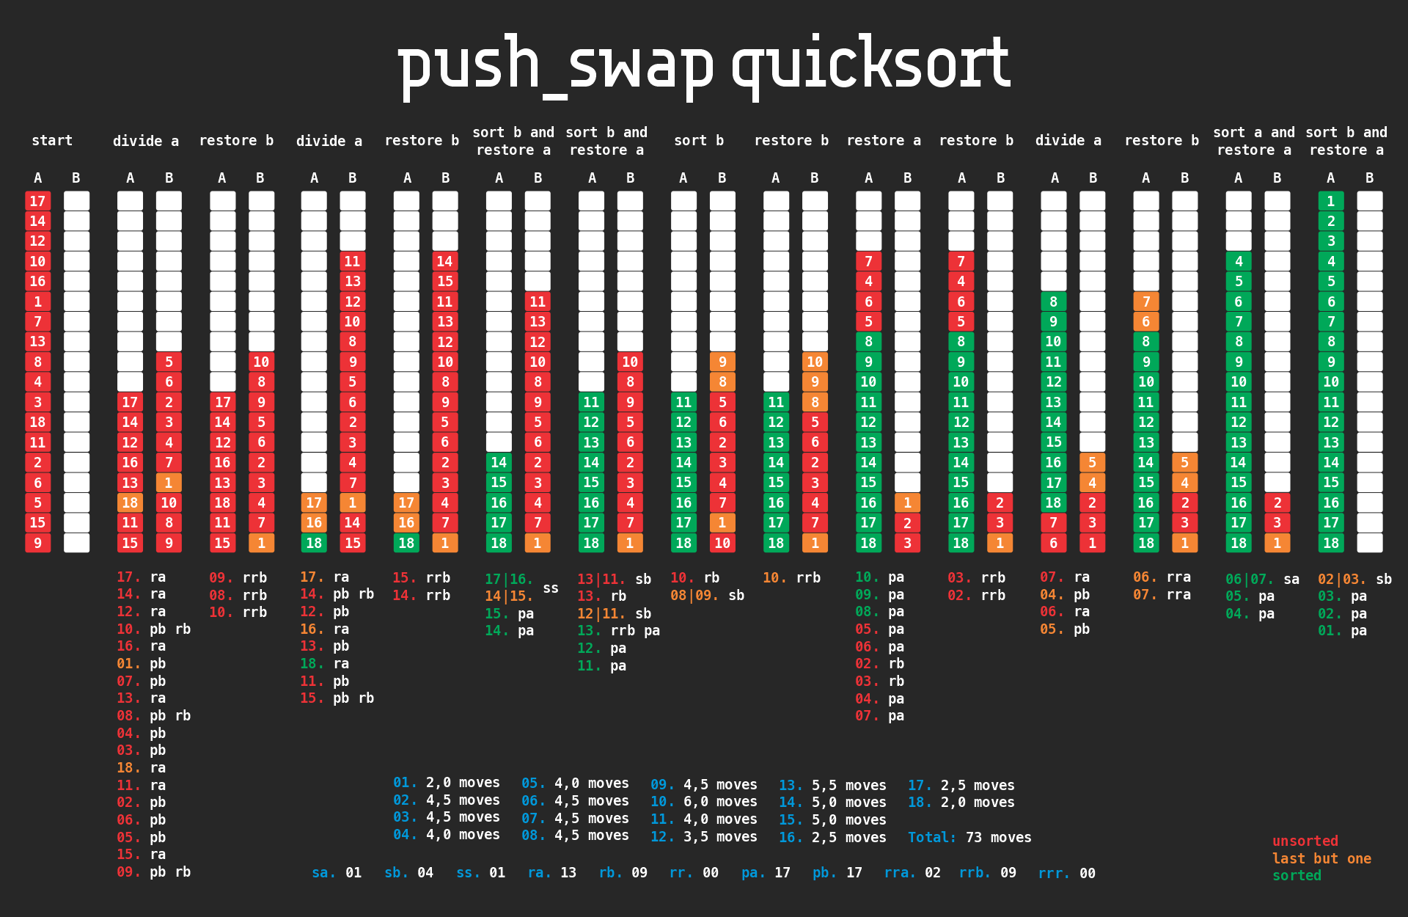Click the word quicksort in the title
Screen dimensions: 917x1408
(870, 65)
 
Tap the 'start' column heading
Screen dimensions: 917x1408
(52, 140)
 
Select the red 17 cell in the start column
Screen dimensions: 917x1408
(37, 201)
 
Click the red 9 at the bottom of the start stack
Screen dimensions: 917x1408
(37, 543)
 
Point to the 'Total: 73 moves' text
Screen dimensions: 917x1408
(969, 837)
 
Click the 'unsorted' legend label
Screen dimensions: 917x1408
(1305, 841)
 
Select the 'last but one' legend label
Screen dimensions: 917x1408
(1321, 858)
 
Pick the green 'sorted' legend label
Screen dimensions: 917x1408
(1297, 875)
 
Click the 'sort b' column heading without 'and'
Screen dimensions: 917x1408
(699, 140)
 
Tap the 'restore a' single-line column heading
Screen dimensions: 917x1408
(884, 140)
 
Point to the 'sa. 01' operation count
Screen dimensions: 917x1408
(337, 873)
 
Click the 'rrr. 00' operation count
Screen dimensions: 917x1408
(1066, 873)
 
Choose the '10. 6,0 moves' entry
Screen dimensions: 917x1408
(703, 802)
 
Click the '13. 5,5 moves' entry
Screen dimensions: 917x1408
(832, 785)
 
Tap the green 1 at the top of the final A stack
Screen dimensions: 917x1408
(1330, 201)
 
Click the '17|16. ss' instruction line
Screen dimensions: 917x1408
(521, 580)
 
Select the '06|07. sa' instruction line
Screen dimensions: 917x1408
(1262, 579)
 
